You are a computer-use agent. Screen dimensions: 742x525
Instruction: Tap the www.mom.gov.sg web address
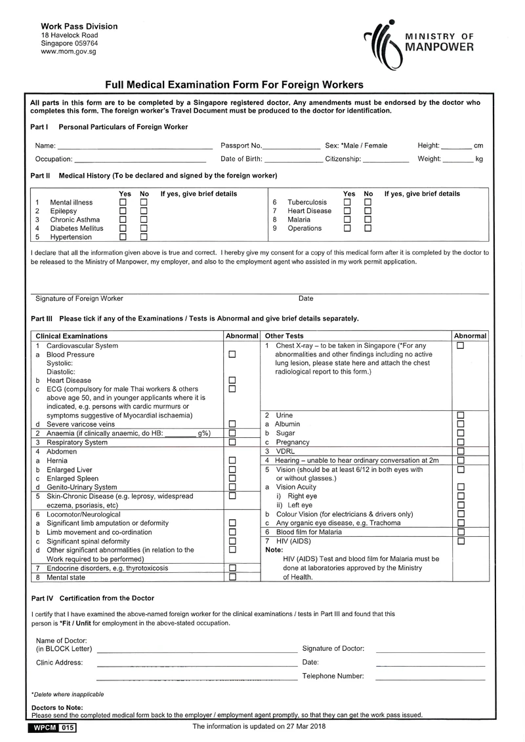click(x=68, y=51)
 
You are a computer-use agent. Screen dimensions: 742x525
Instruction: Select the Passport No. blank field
click(x=291, y=146)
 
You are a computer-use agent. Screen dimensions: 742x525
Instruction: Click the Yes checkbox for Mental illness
click(x=123, y=203)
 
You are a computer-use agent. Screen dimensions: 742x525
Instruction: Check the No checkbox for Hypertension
click(x=144, y=237)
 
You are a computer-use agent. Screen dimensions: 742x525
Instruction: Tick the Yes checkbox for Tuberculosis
click(x=348, y=203)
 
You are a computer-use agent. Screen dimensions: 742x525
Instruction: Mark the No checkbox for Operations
click(x=368, y=229)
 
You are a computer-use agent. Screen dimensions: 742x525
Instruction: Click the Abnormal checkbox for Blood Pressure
click(x=232, y=355)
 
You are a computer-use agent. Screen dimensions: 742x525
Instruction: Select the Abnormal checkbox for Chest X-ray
click(x=460, y=345)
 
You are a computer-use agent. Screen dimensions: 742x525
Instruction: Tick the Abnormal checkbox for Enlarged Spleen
click(x=232, y=478)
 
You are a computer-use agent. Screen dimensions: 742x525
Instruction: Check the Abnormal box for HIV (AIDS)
click(x=460, y=541)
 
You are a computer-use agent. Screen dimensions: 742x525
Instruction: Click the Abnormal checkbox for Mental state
click(x=232, y=577)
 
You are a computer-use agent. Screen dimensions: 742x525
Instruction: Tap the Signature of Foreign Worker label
click(x=79, y=299)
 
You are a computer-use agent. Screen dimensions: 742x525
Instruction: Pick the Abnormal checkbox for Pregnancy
click(x=460, y=442)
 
